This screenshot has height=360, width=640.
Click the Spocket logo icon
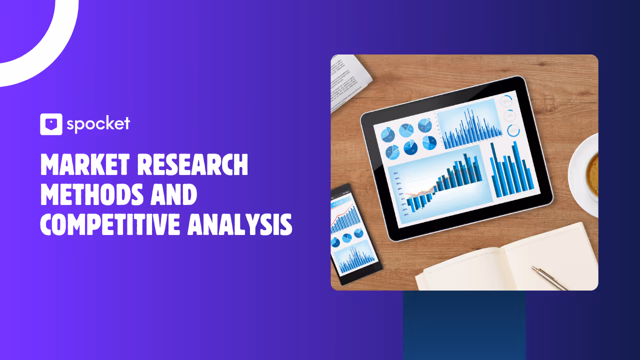coord(51,124)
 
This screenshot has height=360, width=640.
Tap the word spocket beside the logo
coord(98,123)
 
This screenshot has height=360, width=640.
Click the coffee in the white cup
coord(593,174)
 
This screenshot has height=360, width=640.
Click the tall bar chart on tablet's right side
coord(510,170)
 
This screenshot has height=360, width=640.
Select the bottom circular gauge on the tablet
coord(513,131)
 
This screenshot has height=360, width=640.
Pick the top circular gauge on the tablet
coord(506,101)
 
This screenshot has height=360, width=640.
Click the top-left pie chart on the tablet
coord(388,134)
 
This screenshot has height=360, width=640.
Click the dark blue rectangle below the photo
coord(464,325)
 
